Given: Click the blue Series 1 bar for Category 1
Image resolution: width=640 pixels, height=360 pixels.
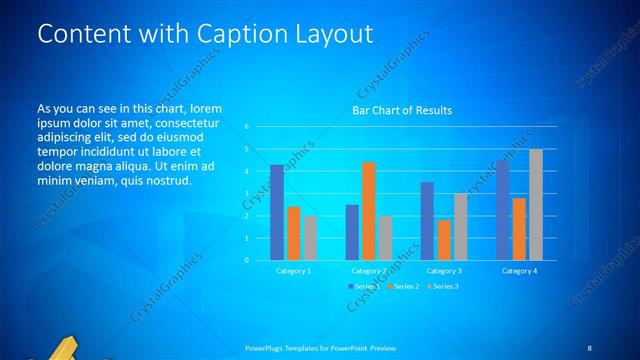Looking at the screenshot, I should pyautogui.click(x=277, y=212).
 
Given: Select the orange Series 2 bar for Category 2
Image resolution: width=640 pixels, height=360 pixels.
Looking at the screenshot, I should pyautogui.click(x=368, y=211).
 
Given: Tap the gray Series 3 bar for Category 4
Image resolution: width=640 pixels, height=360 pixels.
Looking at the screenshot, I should pyautogui.click(x=536, y=204).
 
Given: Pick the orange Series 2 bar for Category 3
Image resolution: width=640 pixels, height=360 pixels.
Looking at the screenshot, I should pyautogui.click(x=444, y=240).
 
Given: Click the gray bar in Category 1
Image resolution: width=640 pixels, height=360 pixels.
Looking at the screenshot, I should pyautogui.click(x=310, y=237).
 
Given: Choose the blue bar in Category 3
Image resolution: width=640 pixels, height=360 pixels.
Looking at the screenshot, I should pyautogui.click(x=427, y=221).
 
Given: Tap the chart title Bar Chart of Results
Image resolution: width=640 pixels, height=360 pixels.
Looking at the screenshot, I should pyautogui.click(x=402, y=110).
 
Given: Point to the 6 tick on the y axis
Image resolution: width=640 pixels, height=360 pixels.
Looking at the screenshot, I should pyautogui.click(x=246, y=127).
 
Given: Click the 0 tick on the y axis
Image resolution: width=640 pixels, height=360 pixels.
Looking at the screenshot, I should pyautogui.click(x=246, y=260).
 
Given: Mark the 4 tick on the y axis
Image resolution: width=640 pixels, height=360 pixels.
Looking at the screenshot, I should pyautogui.click(x=246, y=171).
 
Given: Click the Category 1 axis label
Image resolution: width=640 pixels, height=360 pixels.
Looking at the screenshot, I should pyautogui.click(x=293, y=271).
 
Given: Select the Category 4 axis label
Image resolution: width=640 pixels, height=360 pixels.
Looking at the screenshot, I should pyautogui.click(x=519, y=271).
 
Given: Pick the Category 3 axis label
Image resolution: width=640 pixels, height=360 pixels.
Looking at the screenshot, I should pyautogui.click(x=444, y=271).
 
